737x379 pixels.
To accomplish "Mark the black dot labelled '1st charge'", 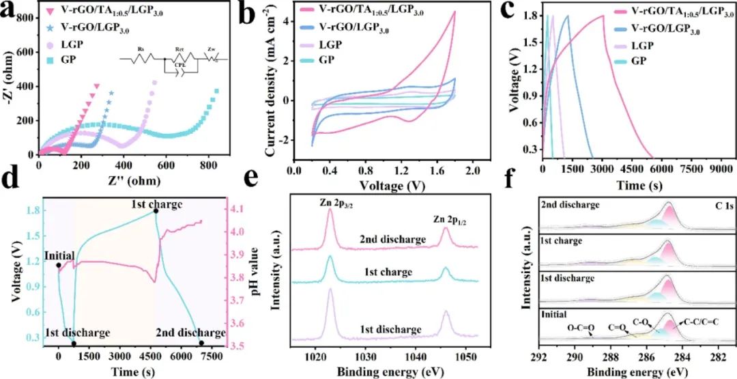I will (156, 211).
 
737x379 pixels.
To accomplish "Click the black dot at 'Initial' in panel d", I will (59, 265).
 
